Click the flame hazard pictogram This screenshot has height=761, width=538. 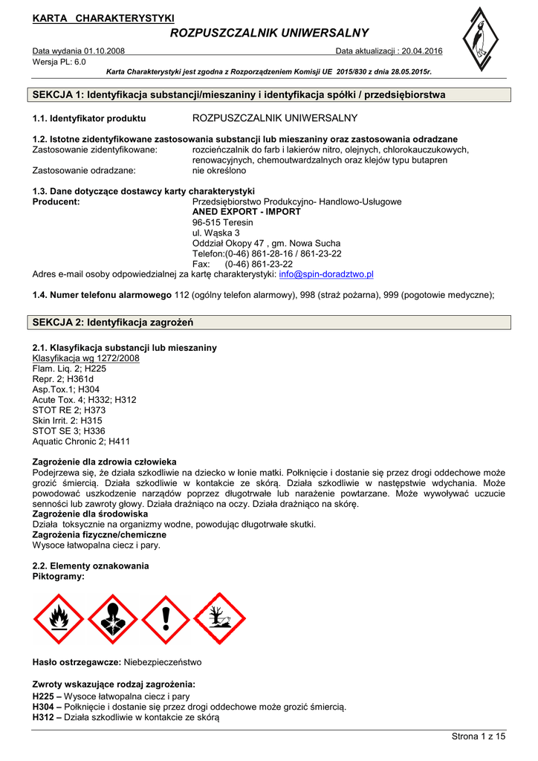[x=59, y=618]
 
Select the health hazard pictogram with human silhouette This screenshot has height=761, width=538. [x=112, y=618]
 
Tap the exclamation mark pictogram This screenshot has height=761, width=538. [x=166, y=618]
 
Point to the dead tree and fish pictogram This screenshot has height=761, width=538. [x=220, y=618]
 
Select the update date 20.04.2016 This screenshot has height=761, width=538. [x=421, y=51]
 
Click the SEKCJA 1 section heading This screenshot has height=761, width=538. [x=239, y=95]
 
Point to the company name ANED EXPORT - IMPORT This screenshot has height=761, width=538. [x=247, y=212]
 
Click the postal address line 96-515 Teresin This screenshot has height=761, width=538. [x=223, y=222]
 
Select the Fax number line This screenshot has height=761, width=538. [x=242, y=264]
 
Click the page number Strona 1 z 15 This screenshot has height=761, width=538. [x=479, y=736]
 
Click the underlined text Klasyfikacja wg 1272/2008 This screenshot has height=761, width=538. [x=86, y=358]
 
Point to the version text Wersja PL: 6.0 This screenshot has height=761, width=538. [x=59, y=62]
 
